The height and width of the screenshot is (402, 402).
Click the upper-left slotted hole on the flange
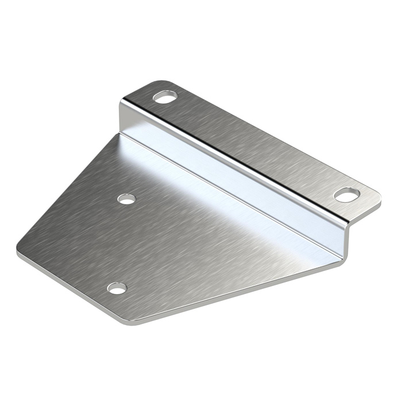(x=165, y=96)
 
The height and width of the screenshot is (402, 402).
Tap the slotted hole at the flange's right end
(x=347, y=195)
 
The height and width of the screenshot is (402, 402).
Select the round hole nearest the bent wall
(x=126, y=199)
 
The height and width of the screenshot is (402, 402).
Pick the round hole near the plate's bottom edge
(x=117, y=288)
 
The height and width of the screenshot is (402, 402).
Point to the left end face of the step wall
(x=122, y=118)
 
